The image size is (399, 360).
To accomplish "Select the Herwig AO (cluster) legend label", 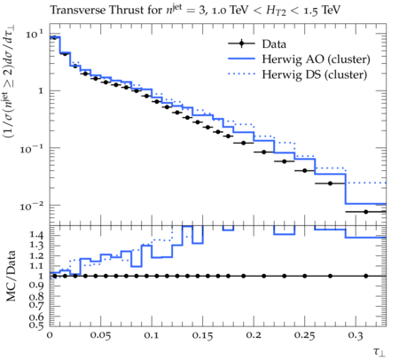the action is click(x=316, y=59).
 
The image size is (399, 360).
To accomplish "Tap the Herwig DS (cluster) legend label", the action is click(x=315, y=74).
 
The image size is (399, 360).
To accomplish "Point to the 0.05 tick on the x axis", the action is click(x=101, y=336).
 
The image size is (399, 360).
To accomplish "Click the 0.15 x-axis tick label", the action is click(x=203, y=336).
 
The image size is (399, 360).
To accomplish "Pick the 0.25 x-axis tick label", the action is click(x=304, y=336).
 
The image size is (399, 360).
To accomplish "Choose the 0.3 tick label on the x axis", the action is click(x=356, y=336).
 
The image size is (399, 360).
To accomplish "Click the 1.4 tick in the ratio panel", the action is click(x=36, y=235).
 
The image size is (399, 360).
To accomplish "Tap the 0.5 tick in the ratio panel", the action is click(x=36, y=325).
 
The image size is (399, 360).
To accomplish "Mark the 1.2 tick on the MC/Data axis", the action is click(x=36, y=255).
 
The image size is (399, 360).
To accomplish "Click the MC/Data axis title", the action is click(x=11, y=276).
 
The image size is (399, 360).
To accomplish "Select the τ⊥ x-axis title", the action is click(x=379, y=352).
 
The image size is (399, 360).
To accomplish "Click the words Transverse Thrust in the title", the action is click(x=78, y=10).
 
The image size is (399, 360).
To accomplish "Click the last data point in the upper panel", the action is click(x=366, y=212).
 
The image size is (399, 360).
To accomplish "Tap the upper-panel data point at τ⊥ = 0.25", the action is click(x=305, y=170).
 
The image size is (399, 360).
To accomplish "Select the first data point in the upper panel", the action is click(x=54, y=37).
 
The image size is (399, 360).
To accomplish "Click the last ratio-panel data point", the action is click(x=366, y=276).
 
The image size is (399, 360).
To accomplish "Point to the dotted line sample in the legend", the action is click(x=241, y=74).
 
